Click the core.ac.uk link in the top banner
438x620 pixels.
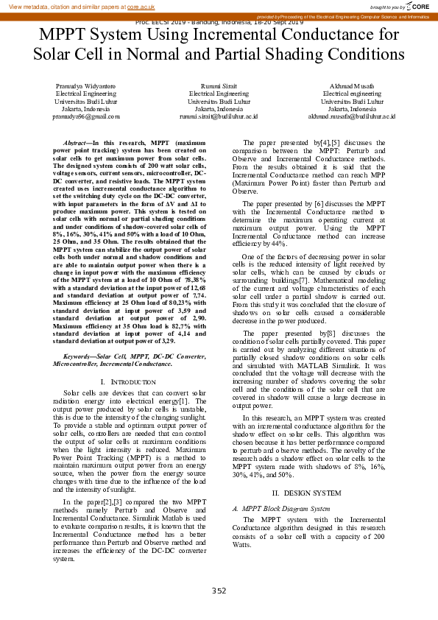click(141, 7)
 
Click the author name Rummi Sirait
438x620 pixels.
click(219, 86)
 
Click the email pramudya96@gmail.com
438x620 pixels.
click(85, 116)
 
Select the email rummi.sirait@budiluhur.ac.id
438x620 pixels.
click(219, 116)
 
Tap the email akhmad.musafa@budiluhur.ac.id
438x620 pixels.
click(351, 116)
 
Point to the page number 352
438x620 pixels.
click(219, 591)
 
